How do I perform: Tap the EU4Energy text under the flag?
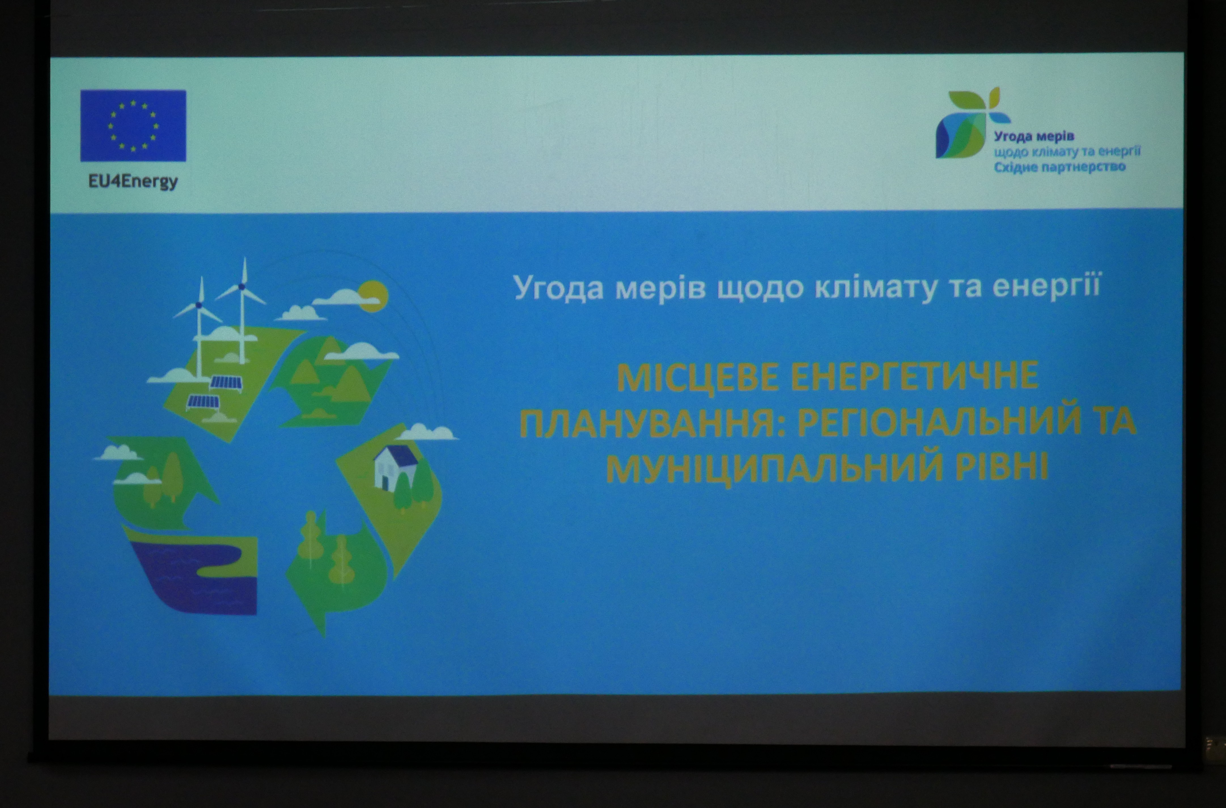[x=133, y=182]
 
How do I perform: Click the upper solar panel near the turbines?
[x=226, y=383]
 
